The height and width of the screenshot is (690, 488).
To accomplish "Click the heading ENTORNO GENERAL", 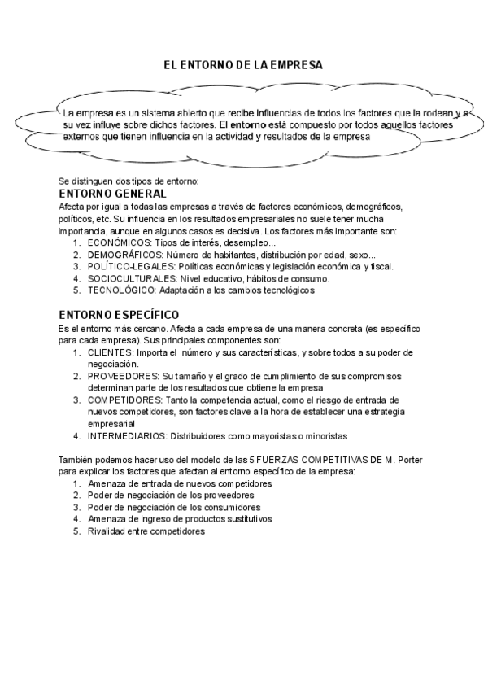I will click(x=113, y=194).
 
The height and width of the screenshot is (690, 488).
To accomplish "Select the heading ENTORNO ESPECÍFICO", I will click(x=120, y=315).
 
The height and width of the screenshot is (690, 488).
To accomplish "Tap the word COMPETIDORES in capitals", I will click(x=126, y=400).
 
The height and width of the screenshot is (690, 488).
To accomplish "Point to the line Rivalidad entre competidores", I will click(x=146, y=531).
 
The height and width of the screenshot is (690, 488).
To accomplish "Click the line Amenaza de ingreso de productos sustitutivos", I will click(x=180, y=518).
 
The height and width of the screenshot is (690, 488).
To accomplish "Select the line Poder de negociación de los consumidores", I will click(x=174, y=506).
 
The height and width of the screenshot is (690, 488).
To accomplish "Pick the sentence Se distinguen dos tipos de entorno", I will click(x=123, y=181).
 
